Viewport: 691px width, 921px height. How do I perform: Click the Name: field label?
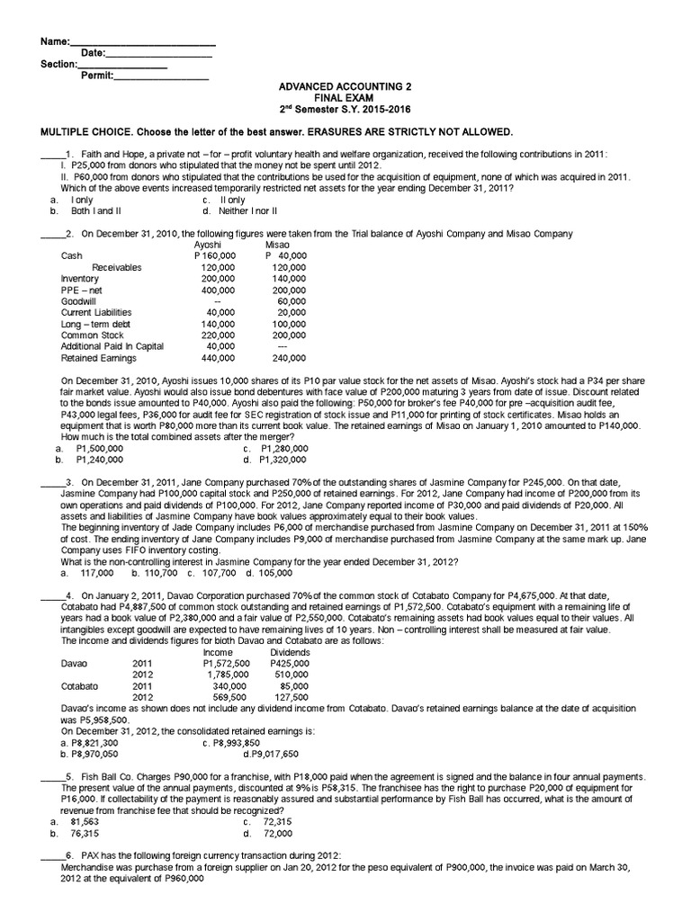(x=56, y=42)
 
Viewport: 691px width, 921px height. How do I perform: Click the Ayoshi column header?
(x=208, y=245)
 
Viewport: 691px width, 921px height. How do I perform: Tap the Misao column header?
(x=278, y=245)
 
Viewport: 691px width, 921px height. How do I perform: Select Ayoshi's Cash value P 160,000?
(x=215, y=255)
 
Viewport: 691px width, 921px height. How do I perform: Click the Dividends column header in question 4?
(x=291, y=651)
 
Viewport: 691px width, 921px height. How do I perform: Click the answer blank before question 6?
(x=52, y=854)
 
